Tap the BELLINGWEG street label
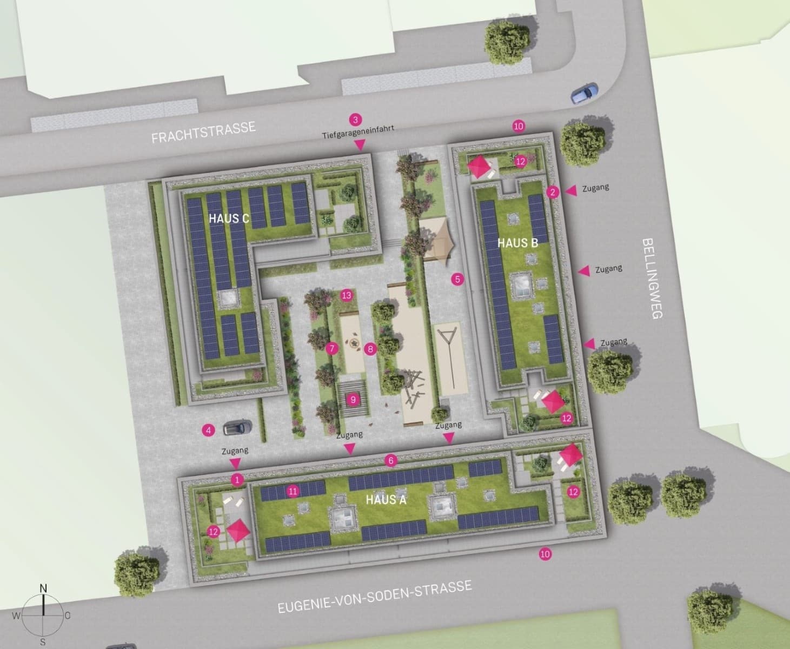coord(653,278)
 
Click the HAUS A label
coord(386,499)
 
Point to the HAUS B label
coord(517,243)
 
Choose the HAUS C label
coord(229,218)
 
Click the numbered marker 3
coord(355,120)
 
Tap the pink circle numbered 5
coord(458,280)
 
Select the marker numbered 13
coord(347,295)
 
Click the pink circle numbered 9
coord(353,400)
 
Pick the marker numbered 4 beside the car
coord(208,431)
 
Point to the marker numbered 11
coord(293,491)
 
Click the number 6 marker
coord(390,461)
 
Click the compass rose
coord(43,615)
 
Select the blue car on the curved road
coord(585,93)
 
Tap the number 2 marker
coord(552,192)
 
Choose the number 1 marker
coord(236,479)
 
